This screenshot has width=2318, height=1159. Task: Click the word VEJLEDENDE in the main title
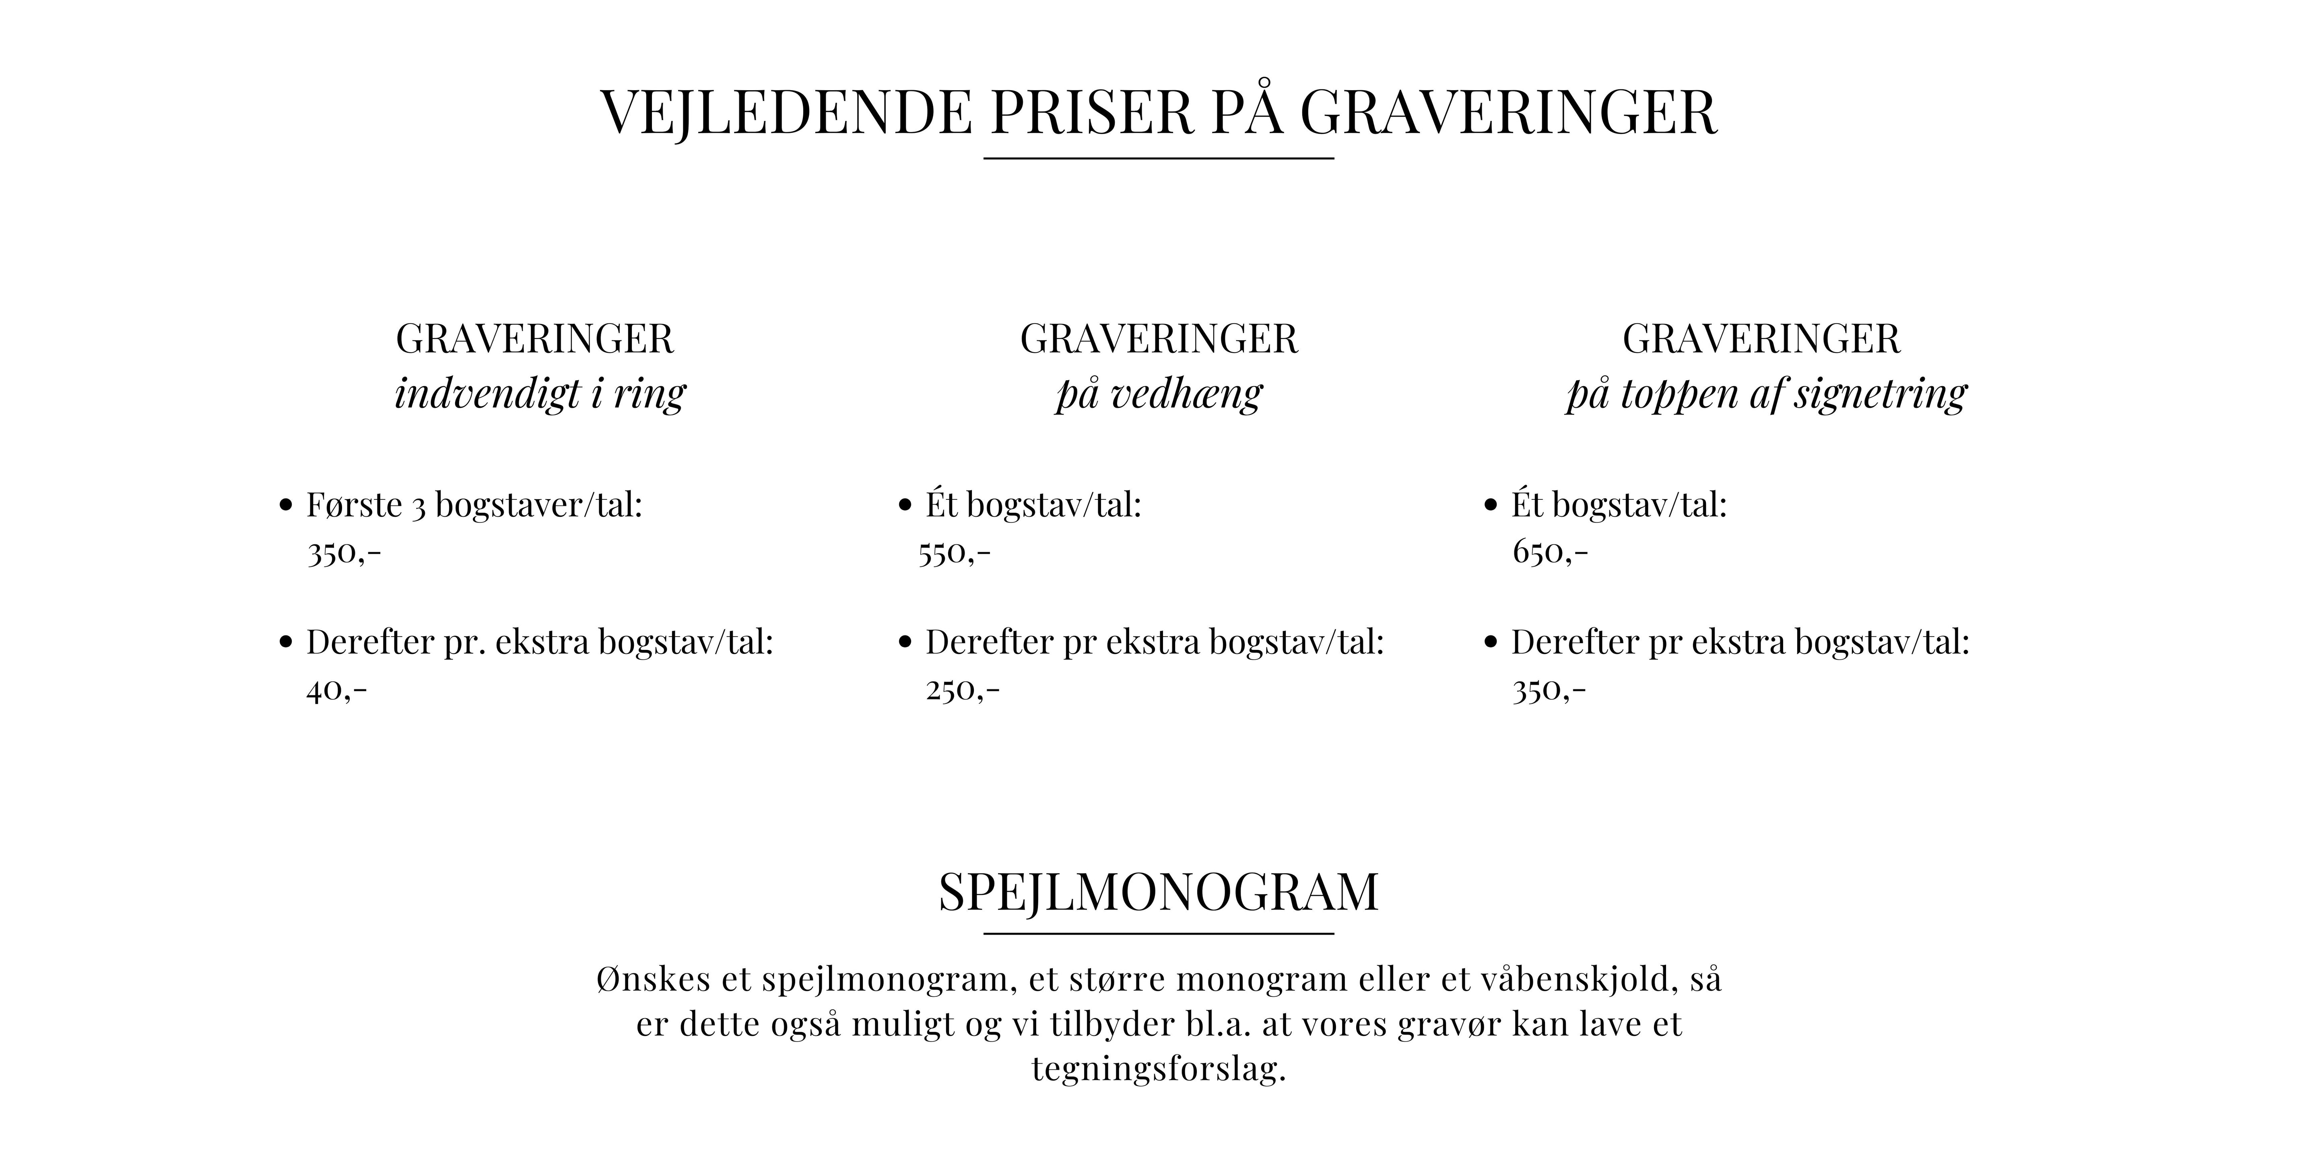point(786,113)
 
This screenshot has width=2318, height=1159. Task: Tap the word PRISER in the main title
point(1091,113)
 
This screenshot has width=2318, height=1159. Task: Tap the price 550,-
point(954,553)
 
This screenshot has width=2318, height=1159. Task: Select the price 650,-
point(1549,553)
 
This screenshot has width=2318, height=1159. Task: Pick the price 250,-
point(962,690)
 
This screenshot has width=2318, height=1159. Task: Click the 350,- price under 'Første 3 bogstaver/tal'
point(344,553)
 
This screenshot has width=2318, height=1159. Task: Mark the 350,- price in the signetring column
point(1549,690)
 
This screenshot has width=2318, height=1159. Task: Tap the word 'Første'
point(354,505)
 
